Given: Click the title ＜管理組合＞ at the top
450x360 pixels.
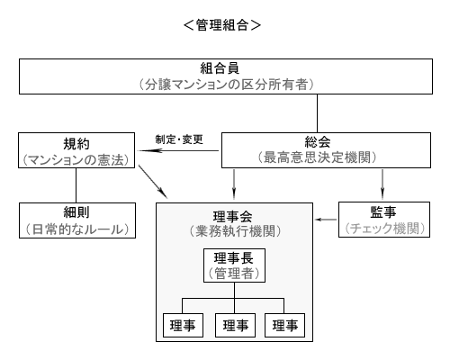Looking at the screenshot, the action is (222, 25).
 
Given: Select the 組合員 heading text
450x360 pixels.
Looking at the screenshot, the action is (220, 68).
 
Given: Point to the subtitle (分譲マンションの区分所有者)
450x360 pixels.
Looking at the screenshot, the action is (226, 85).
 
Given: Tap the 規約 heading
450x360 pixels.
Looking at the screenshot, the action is (76, 144).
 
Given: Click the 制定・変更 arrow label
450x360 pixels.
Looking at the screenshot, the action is (179, 139).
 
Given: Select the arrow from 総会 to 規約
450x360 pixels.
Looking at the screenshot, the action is (178, 150).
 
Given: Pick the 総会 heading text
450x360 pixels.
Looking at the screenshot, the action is (318, 142).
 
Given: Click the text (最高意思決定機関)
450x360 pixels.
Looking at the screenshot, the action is (317, 157).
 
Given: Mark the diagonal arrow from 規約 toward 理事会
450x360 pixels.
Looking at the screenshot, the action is (153, 181).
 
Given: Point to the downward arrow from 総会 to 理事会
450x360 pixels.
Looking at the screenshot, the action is (234, 184).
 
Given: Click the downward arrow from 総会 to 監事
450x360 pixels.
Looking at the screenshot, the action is (382, 184).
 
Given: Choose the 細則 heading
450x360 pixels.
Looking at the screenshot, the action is (76, 212).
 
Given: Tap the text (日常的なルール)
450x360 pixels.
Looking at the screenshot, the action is (77, 229).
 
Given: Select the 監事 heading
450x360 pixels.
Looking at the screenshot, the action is (383, 212).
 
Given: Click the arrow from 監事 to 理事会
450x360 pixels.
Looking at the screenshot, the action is (326, 220).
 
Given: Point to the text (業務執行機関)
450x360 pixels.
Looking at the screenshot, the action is (235, 231).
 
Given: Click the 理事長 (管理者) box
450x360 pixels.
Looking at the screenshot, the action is (234, 265).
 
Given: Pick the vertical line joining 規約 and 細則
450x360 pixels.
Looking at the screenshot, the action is (76, 185).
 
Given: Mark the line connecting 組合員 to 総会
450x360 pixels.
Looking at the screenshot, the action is (317, 113).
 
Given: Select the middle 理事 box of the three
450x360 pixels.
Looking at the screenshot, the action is (235, 325).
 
